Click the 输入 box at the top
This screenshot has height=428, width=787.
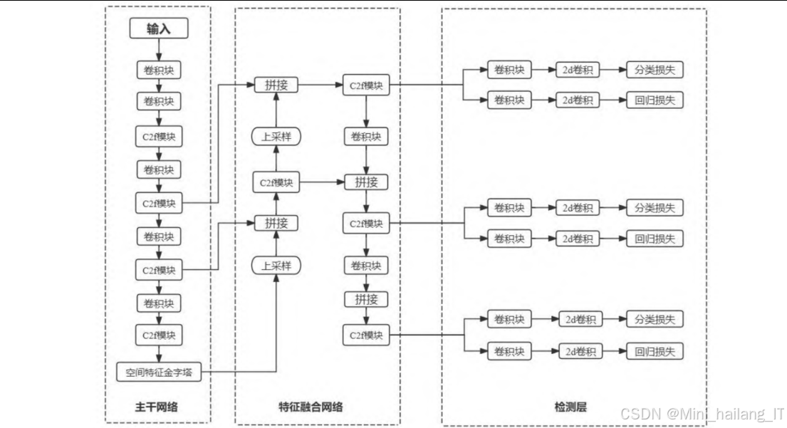tap(158, 28)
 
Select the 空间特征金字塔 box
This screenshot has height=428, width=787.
tap(159, 372)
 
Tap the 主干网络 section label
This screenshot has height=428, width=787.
tap(156, 407)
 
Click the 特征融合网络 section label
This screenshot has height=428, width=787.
tap(311, 407)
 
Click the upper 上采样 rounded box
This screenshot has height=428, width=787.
tap(276, 136)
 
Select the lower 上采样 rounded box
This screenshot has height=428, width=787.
tap(276, 266)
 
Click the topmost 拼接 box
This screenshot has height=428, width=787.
tap(276, 85)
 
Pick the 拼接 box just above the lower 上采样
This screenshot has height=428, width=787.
tap(276, 223)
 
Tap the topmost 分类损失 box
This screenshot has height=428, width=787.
tap(655, 70)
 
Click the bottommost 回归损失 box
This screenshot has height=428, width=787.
tap(655, 351)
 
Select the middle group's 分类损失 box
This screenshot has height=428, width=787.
tap(655, 208)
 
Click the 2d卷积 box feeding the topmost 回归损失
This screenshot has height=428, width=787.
tap(578, 100)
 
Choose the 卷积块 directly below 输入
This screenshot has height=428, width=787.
tap(158, 70)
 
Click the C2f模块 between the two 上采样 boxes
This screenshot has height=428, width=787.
tap(276, 182)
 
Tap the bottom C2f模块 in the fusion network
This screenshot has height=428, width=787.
tap(366, 334)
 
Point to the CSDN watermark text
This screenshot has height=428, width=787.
tap(702, 414)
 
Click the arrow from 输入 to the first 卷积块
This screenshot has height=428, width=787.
tap(158, 50)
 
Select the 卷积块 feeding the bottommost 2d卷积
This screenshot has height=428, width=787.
tap(509, 351)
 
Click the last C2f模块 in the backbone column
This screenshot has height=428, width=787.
tap(158, 334)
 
